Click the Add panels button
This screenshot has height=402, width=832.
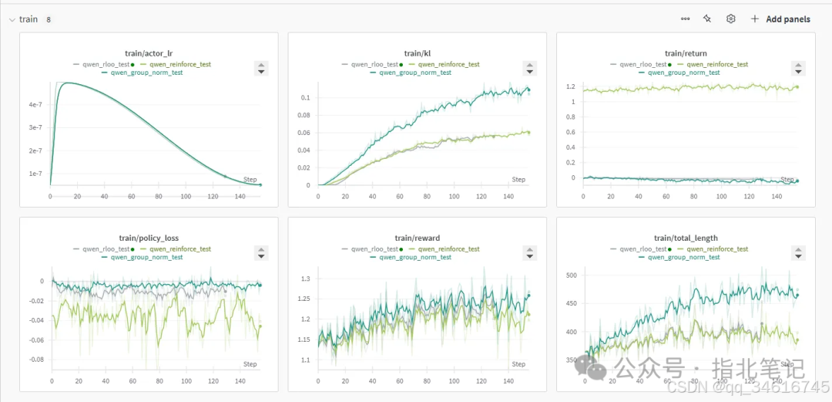point(780,19)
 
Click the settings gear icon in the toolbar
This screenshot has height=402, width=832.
point(731,19)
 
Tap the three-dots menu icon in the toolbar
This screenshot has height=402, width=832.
point(685,19)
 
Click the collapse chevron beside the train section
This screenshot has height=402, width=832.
point(12,19)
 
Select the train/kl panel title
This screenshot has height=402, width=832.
point(417,53)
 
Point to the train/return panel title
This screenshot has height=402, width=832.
point(686,53)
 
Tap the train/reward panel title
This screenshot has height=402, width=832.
point(417,238)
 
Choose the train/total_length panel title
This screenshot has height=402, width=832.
point(686,238)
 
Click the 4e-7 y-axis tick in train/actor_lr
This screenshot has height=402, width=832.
point(35,104)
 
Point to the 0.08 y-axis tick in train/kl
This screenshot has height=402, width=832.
point(305,115)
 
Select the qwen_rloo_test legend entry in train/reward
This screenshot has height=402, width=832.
point(375,249)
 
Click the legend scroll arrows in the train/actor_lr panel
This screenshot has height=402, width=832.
point(260,68)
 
